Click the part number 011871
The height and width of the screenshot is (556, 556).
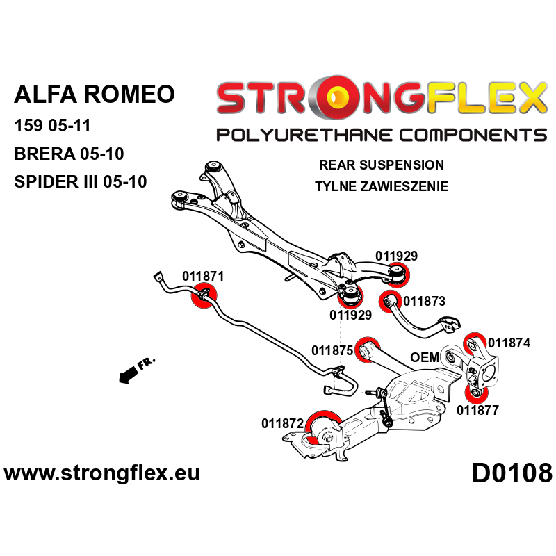(203, 276)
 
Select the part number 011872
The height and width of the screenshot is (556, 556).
(282, 422)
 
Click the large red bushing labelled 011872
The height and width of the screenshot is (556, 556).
(322, 425)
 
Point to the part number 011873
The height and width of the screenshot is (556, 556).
(424, 302)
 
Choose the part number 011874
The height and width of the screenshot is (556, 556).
(509, 343)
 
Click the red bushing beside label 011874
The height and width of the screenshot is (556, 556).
(473, 343)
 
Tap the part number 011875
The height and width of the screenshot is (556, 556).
(332, 350)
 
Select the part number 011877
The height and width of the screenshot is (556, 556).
(477, 410)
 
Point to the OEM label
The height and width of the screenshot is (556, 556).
(425, 357)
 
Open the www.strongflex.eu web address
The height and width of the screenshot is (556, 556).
(102, 474)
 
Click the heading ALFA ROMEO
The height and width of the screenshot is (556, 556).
(95, 95)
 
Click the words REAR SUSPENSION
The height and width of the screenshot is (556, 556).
(381, 165)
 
